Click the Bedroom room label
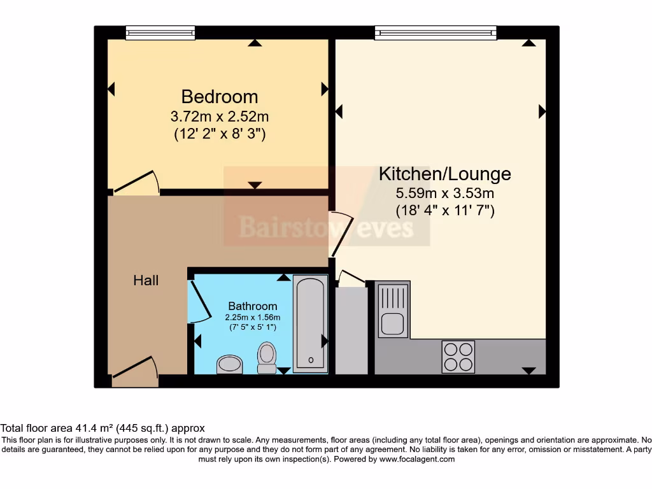point(220,97)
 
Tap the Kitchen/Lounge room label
point(444,173)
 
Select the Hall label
point(146,280)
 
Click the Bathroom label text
point(253,306)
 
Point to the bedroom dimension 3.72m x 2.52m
point(220,117)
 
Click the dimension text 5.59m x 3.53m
point(444,193)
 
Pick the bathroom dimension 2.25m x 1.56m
point(253,317)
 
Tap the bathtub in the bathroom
point(310,323)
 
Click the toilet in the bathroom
point(267,357)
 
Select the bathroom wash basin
point(229,364)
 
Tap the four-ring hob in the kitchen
point(458,357)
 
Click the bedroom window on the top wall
point(160,32)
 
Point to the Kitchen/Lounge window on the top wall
point(436,32)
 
